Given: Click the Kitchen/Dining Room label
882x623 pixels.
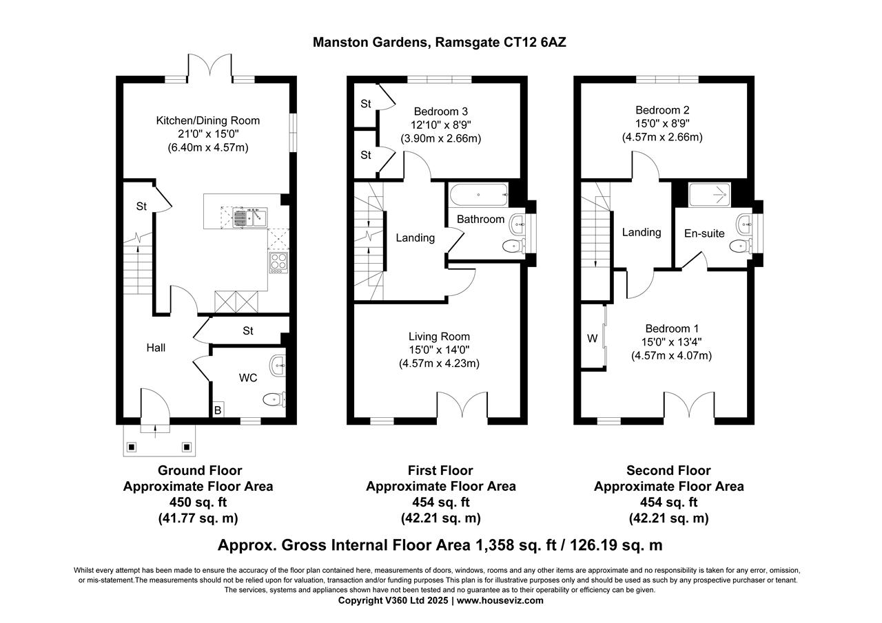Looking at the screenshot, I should tap(208, 120).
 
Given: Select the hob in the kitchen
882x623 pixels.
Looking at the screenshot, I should tap(278, 262).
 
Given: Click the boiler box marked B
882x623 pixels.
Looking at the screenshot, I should tap(218, 409).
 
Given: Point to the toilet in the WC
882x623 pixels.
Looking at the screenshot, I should tap(275, 399).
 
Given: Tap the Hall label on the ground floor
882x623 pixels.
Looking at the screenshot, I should tap(156, 348).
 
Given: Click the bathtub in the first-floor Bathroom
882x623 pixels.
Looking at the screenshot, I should tap(478, 195).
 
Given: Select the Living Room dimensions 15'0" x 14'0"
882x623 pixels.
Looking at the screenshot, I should tap(440, 350).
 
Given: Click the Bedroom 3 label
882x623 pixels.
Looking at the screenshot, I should tap(441, 112).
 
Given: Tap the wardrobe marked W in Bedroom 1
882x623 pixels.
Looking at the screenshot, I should tap(592, 338).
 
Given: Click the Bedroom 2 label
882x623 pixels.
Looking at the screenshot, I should tap(662, 110).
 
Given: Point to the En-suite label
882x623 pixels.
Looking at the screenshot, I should tap(704, 233).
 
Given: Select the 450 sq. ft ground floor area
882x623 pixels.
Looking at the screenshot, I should tap(198, 502).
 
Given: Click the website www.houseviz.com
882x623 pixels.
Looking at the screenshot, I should tap(500, 600).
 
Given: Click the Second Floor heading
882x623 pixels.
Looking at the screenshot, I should tap(668, 471).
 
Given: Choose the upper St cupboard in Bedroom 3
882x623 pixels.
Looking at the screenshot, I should tap(366, 104).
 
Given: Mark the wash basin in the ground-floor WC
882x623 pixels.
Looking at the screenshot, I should tap(277, 366).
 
